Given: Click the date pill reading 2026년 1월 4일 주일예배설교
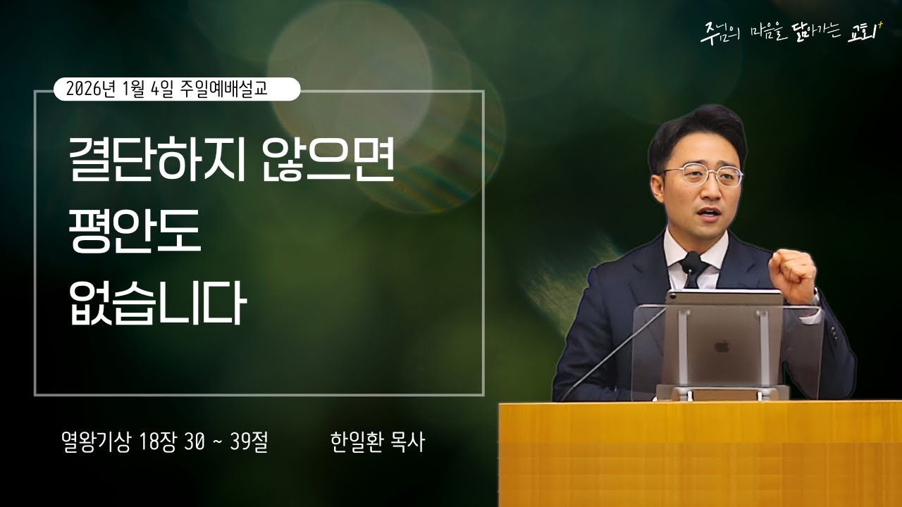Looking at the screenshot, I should tap(177, 89).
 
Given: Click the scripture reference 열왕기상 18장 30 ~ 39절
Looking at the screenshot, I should tap(164, 442).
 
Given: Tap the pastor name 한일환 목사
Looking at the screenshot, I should tap(377, 442).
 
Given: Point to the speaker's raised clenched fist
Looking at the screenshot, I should tap(792, 275).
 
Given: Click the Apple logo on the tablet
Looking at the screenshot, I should tap(722, 347).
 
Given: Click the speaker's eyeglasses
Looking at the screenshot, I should tap(702, 175).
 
